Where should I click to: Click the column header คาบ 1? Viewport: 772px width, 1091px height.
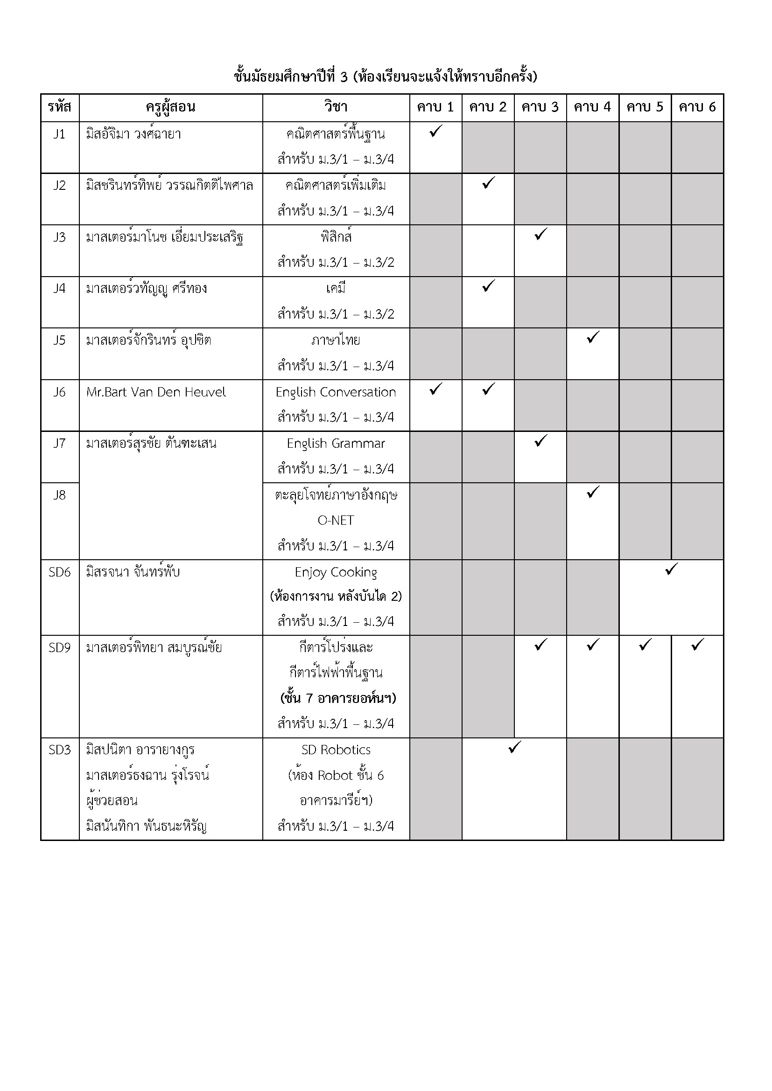pyautogui.click(x=435, y=107)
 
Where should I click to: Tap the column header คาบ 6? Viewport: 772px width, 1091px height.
pyautogui.click(x=697, y=107)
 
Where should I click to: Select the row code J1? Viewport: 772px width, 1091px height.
pyautogui.click(x=59, y=134)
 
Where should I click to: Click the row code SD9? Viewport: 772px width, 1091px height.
pyautogui.click(x=59, y=648)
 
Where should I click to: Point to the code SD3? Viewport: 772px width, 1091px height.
pyautogui.click(x=59, y=750)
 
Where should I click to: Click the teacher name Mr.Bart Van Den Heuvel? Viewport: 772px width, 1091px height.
pyautogui.click(x=156, y=392)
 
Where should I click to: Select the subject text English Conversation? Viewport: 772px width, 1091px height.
pyautogui.click(x=336, y=392)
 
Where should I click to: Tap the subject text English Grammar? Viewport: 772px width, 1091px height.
pyautogui.click(x=336, y=444)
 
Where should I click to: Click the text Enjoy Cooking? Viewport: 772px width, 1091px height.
pyautogui.click(x=336, y=572)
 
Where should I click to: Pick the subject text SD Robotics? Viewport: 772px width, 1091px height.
pyautogui.click(x=336, y=750)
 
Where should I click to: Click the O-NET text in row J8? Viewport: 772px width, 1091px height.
pyautogui.click(x=336, y=521)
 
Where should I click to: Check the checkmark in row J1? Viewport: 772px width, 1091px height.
pyautogui.click(x=435, y=131)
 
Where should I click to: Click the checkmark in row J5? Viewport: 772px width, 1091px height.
pyautogui.click(x=593, y=337)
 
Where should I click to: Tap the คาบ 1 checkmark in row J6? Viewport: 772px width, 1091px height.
pyautogui.click(x=435, y=389)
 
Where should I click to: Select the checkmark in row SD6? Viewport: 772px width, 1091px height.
pyautogui.click(x=671, y=569)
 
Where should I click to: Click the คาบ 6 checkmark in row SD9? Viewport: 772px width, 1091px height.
pyautogui.click(x=697, y=645)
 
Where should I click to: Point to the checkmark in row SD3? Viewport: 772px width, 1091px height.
pyautogui.click(x=514, y=747)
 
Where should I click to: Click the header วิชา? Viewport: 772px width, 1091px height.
pyautogui.click(x=336, y=107)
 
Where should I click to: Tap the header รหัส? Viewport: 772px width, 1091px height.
pyautogui.click(x=59, y=107)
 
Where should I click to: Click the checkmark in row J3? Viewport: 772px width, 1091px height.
pyautogui.click(x=540, y=234)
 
